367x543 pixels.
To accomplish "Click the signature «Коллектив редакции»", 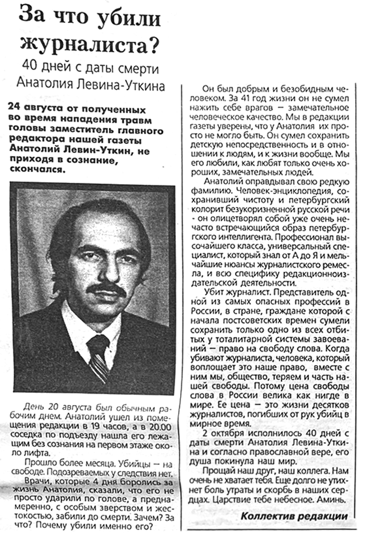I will point(294,516).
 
